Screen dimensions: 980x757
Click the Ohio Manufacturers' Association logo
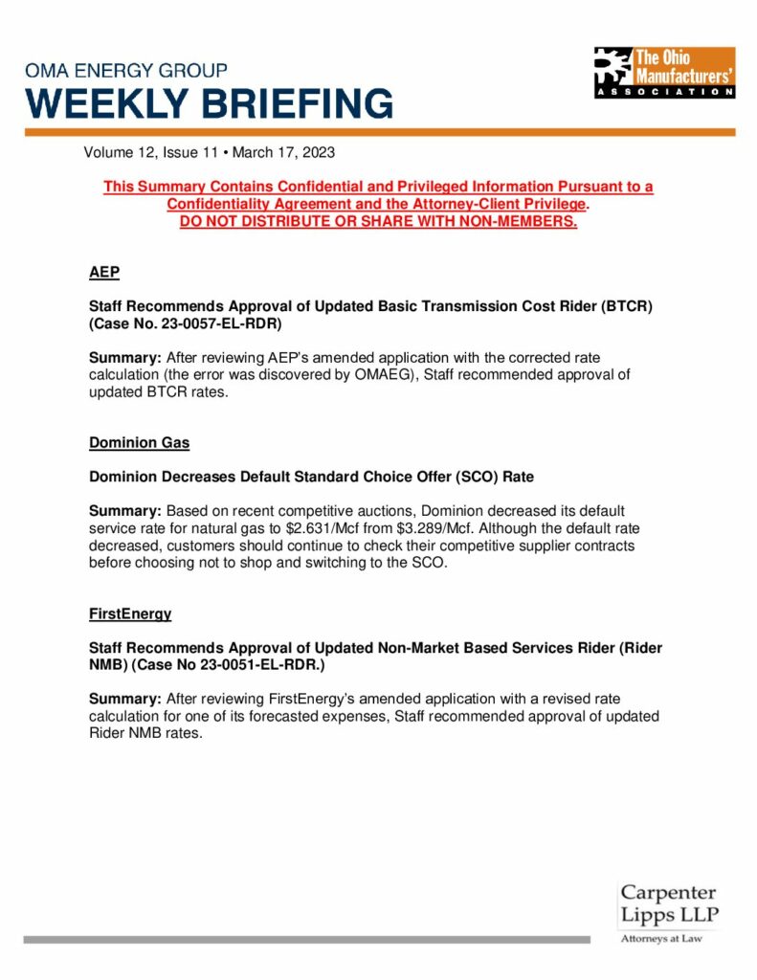(x=664, y=72)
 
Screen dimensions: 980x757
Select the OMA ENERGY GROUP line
(x=126, y=71)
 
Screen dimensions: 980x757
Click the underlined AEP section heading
(x=104, y=273)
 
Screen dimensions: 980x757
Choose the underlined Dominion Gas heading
(x=139, y=443)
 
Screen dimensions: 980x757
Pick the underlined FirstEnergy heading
(x=130, y=613)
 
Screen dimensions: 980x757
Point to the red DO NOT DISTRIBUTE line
(x=378, y=222)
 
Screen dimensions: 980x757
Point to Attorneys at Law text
(x=661, y=939)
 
